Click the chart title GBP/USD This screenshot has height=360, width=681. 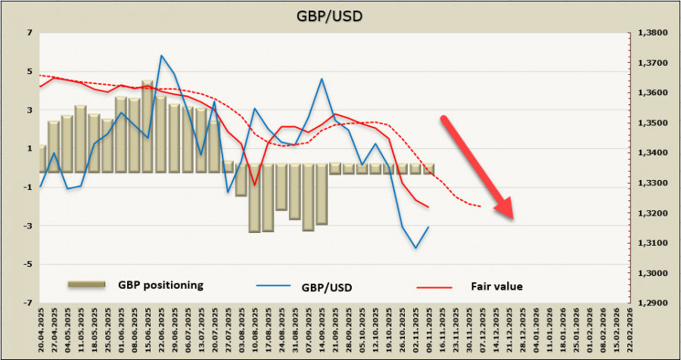click(x=340, y=15)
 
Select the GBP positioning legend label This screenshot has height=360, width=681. click(x=160, y=285)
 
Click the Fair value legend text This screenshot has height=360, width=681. click(x=497, y=286)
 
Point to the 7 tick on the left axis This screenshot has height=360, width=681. click(x=30, y=33)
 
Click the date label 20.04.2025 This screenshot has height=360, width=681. click(x=42, y=331)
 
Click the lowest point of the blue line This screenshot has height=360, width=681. click(x=415, y=248)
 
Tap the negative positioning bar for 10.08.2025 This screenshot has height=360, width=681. click(x=255, y=198)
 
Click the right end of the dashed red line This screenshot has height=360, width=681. click(x=481, y=206)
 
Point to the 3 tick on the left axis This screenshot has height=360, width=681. click(x=30, y=110)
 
